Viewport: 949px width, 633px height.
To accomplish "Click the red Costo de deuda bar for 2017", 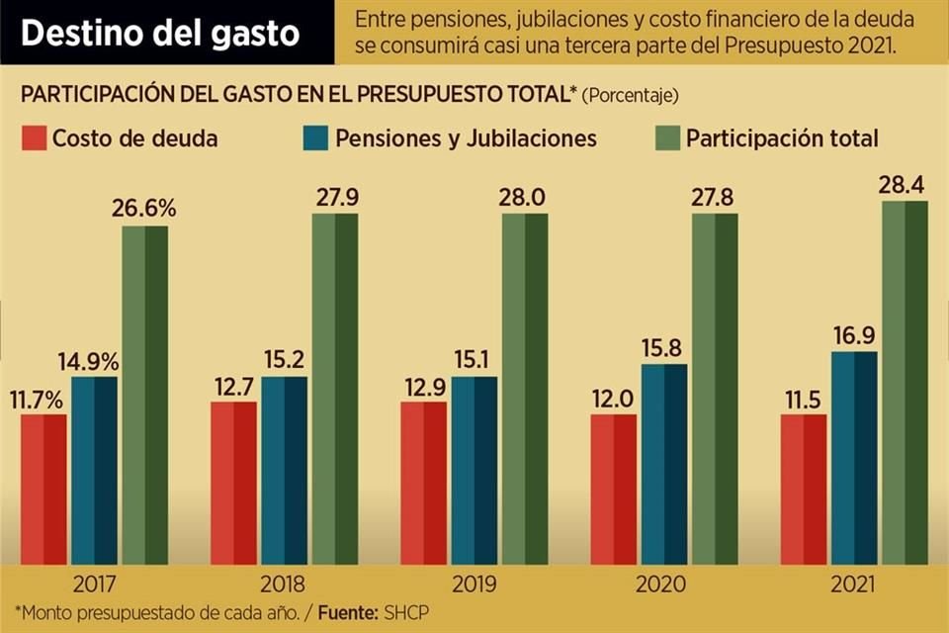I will (x=43, y=489).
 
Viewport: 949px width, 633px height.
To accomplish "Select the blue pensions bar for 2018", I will (x=284, y=470).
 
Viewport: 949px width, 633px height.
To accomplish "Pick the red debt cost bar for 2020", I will (x=614, y=489).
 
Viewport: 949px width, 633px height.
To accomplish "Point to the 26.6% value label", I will (x=144, y=209).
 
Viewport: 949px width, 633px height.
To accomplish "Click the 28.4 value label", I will (x=904, y=185).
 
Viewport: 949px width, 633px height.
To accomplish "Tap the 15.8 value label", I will (x=662, y=348).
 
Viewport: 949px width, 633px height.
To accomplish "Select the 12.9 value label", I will (x=423, y=386).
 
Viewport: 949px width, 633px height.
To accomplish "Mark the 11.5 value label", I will (x=804, y=399).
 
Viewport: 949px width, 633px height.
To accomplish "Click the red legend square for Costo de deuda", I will (x=33, y=138).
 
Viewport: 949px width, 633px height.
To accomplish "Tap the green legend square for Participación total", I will (x=667, y=138).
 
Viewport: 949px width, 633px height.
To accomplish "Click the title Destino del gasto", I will (x=160, y=33).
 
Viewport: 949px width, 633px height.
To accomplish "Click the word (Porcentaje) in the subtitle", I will (x=630, y=96).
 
